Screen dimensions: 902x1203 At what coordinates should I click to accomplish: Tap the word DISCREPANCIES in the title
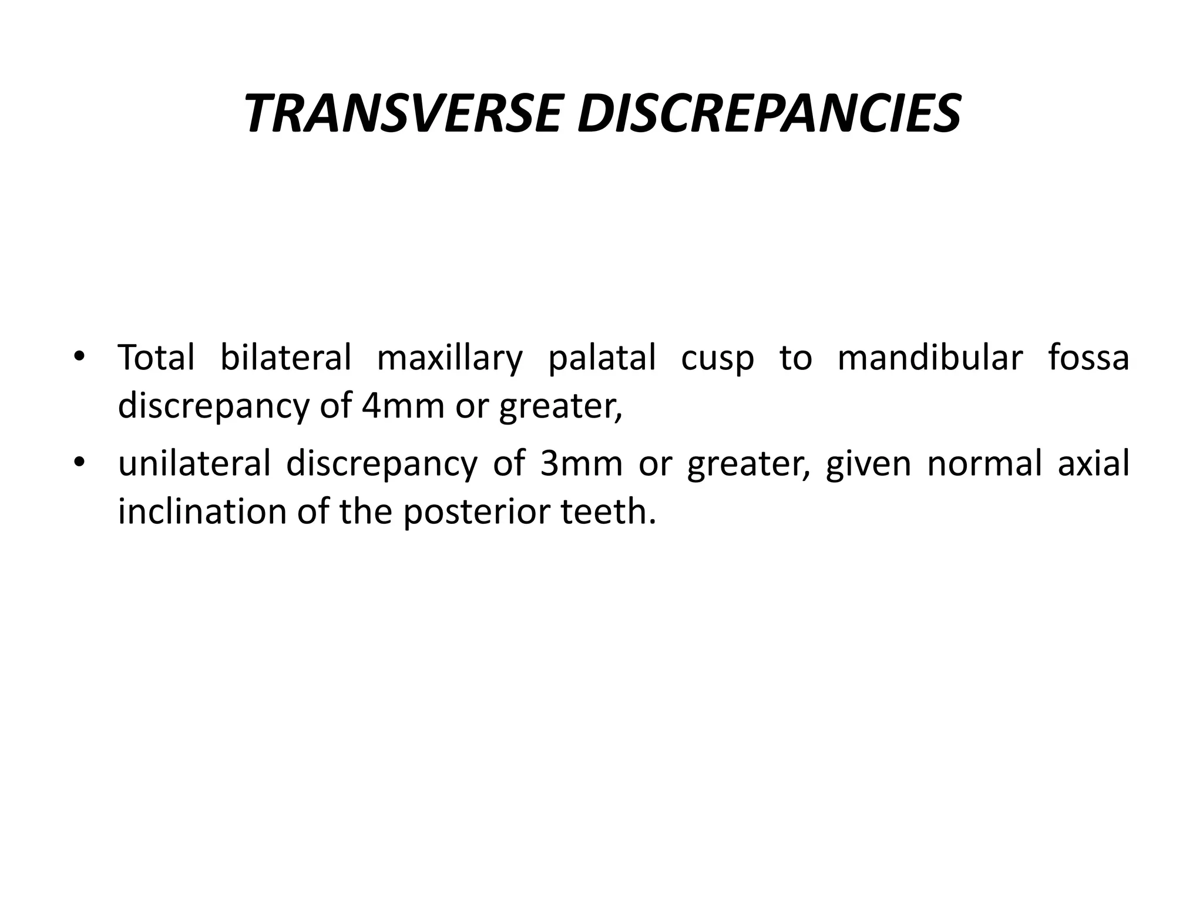769,113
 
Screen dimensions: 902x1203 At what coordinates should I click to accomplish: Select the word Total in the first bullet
156,357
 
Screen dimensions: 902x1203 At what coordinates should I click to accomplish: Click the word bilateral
285,357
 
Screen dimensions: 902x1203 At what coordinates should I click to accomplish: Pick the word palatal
601,358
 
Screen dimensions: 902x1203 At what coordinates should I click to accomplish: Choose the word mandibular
930,357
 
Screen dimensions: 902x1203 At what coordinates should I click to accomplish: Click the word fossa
1088,357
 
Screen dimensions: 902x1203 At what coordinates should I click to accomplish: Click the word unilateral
194,463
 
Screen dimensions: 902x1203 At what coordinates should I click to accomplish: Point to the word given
869,464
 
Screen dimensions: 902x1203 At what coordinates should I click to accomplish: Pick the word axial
1093,463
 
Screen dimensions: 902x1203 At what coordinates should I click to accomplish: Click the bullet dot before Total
79,357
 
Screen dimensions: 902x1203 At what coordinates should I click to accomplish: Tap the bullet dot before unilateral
79,463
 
